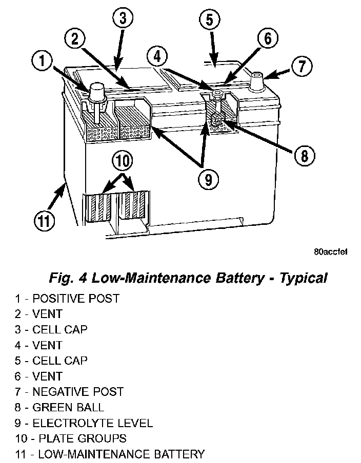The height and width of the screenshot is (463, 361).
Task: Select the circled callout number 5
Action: pyautogui.click(x=209, y=20)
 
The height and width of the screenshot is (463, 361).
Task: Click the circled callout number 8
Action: pyautogui.click(x=304, y=155)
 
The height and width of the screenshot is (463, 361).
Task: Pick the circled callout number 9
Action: pyautogui.click(x=208, y=179)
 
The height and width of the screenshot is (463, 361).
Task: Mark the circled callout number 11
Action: pyautogui.click(x=44, y=221)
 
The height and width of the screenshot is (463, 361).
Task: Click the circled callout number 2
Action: pyautogui.click(x=75, y=38)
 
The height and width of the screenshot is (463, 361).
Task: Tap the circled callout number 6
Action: pyautogui.click(x=267, y=38)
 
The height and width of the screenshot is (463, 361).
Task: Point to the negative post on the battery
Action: pyautogui.click(x=256, y=81)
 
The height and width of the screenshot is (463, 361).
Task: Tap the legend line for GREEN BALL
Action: pyautogui.click(x=59, y=408)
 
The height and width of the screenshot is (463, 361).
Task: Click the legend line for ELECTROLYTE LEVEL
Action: pyautogui.click(x=84, y=423)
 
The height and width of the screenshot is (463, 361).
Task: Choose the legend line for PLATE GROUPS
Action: pyautogui.click(x=71, y=438)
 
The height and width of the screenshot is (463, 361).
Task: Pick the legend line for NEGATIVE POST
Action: pyautogui.click(x=69, y=392)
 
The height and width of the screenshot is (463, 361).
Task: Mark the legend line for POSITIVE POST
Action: pyautogui.click(x=67, y=298)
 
